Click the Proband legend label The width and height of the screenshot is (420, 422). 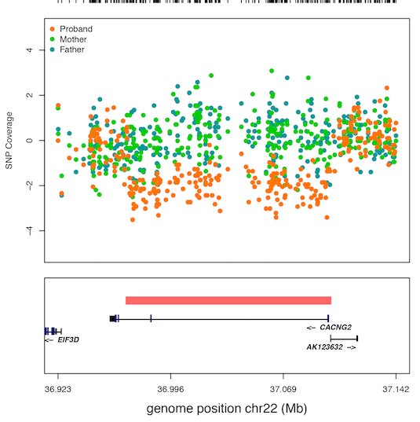[x=75, y=29]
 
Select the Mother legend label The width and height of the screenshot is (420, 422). [x=73, y=39]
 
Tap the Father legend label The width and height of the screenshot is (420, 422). [x=72, y=50]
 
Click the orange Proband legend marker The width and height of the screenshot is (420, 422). [x=52, y=29]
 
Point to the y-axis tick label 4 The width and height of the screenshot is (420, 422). [x=29, y=50]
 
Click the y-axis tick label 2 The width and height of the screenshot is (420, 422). [x=29, y=95]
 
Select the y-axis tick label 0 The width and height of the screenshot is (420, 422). [x=29, y=141]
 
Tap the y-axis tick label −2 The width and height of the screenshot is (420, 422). [x=27, y=185]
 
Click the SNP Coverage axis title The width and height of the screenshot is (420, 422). [x=9, y=141]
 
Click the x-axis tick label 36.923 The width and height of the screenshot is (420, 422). [x=57, y=388]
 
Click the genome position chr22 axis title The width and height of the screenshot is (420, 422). [x=226, y=409]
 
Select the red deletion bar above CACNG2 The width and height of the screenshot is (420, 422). [x=228, y=300]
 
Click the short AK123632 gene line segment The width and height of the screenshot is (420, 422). [x=344, y=338]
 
